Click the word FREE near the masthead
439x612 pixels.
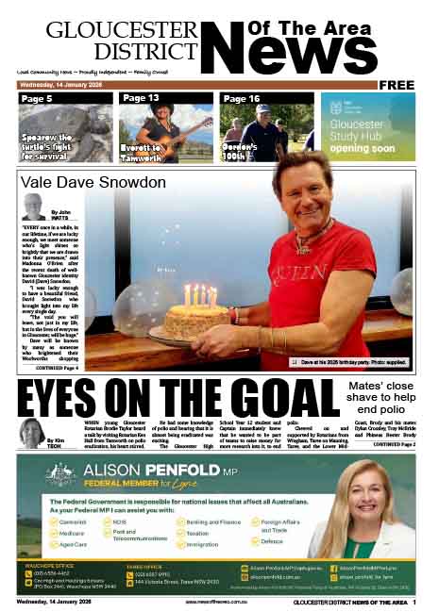[397, 85]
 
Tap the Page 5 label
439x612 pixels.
[37, 98]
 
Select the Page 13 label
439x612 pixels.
[140, 98]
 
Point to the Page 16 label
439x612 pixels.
[241, 98]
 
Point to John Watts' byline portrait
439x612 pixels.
[33, 207]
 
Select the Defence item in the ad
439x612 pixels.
[272, 541]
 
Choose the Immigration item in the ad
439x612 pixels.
[202, 544]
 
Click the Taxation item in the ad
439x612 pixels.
[198, 533]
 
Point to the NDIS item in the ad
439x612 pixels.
[119, 521]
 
